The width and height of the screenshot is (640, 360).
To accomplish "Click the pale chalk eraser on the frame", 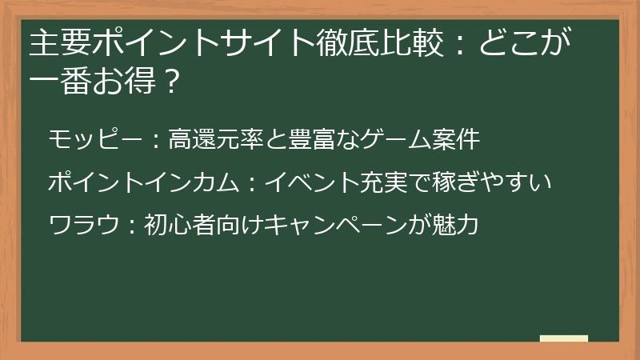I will tap(564, 339).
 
